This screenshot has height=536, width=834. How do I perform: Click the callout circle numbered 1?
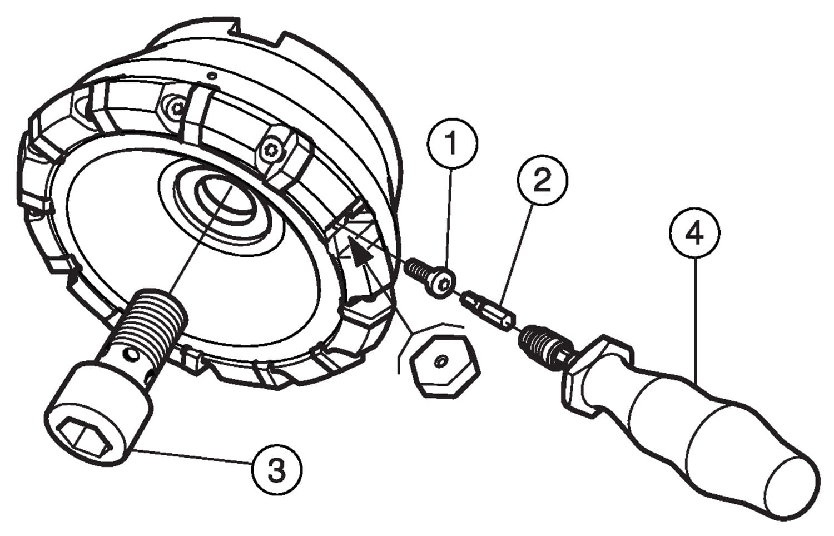click(451, 143)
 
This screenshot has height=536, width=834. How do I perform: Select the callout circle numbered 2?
click(542, 180)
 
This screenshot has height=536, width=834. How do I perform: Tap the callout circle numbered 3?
click(276, 470)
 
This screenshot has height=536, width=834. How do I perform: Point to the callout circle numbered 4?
click(694, 234)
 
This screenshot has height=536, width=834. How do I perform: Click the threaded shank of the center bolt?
click(150, 322)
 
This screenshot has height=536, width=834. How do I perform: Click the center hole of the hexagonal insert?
click(440, 363)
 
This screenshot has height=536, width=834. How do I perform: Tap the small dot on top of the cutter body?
click(211, 75)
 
